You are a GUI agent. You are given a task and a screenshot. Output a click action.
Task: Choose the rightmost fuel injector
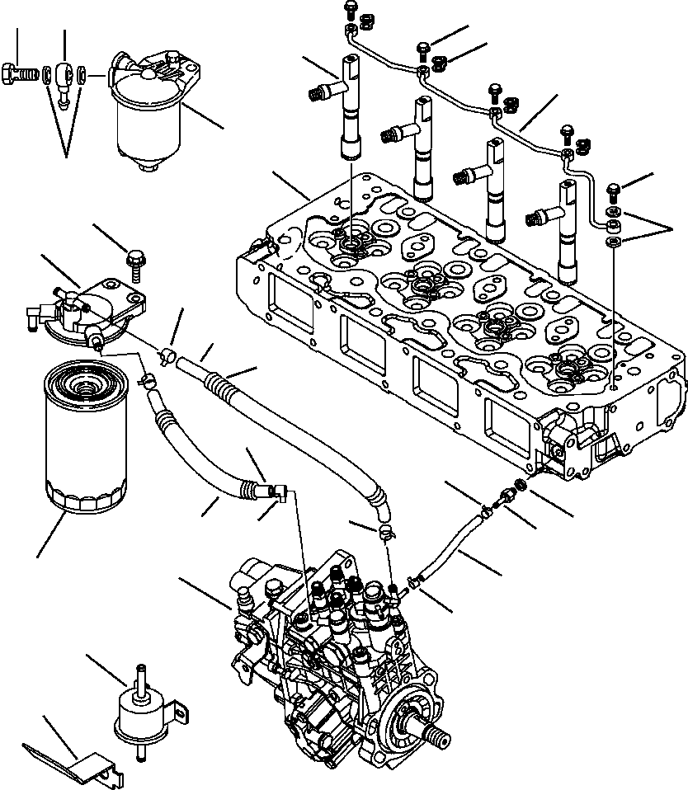[569, 231]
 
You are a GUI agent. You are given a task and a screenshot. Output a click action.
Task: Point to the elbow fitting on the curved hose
[276, 492]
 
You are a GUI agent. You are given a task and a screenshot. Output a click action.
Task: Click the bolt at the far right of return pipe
[614, 191]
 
